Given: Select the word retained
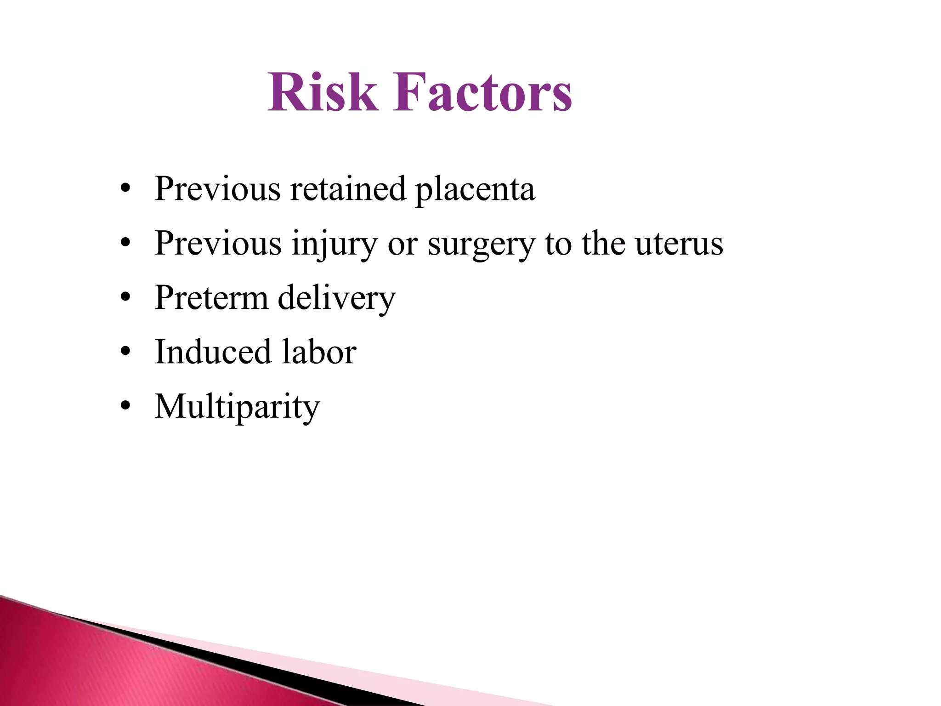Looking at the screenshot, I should tap(348, 189).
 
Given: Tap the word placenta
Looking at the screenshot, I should tap(475, 190).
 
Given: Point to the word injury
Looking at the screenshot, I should tap(334, 244).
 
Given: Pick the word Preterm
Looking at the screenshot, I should tap(211, 298).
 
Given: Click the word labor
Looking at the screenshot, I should tap(319, 352).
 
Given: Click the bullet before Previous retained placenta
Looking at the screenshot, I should tap(125, 189).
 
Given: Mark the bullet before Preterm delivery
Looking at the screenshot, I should tap(125, 298).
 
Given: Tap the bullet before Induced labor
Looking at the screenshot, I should tap(125, 352).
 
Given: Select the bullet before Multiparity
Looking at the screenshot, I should tap(125, 406).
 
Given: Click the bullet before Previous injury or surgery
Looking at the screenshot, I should tap(125, 243).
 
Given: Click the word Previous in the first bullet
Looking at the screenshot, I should tap(217, 189).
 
